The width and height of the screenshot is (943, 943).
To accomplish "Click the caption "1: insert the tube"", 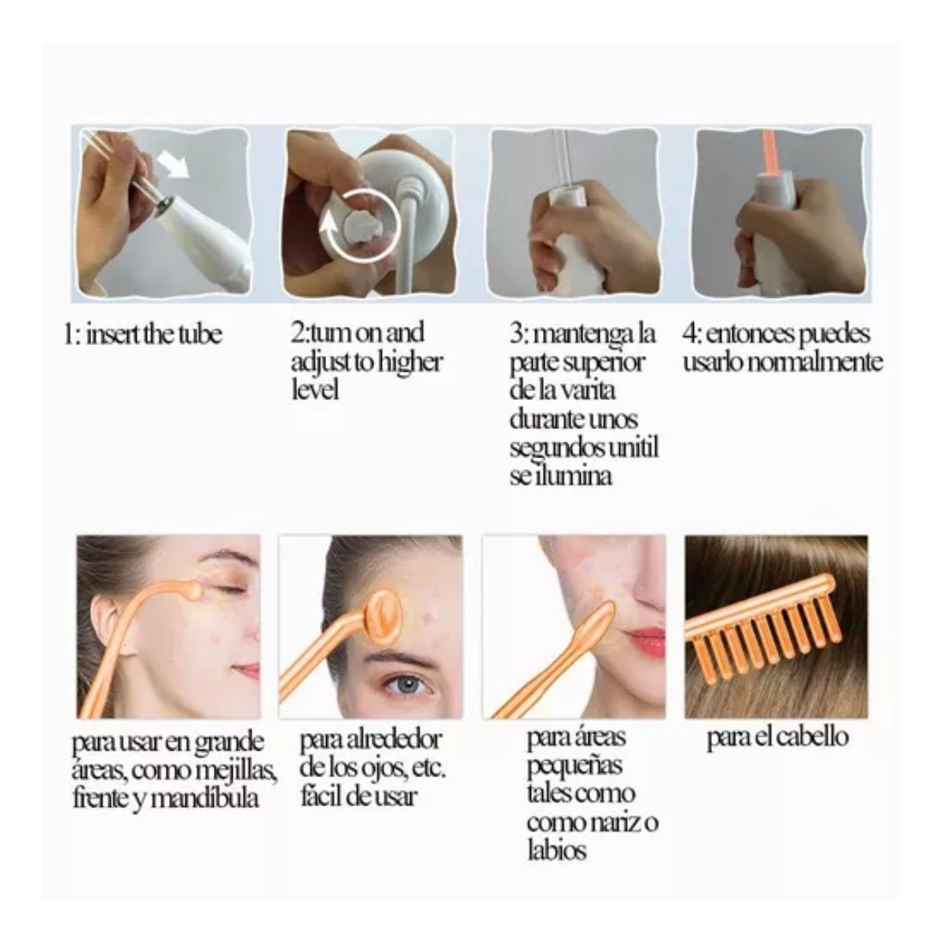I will [143, 334].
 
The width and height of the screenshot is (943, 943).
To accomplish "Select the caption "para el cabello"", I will [777, 737].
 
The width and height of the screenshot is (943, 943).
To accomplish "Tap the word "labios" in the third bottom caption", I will [556, 850].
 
